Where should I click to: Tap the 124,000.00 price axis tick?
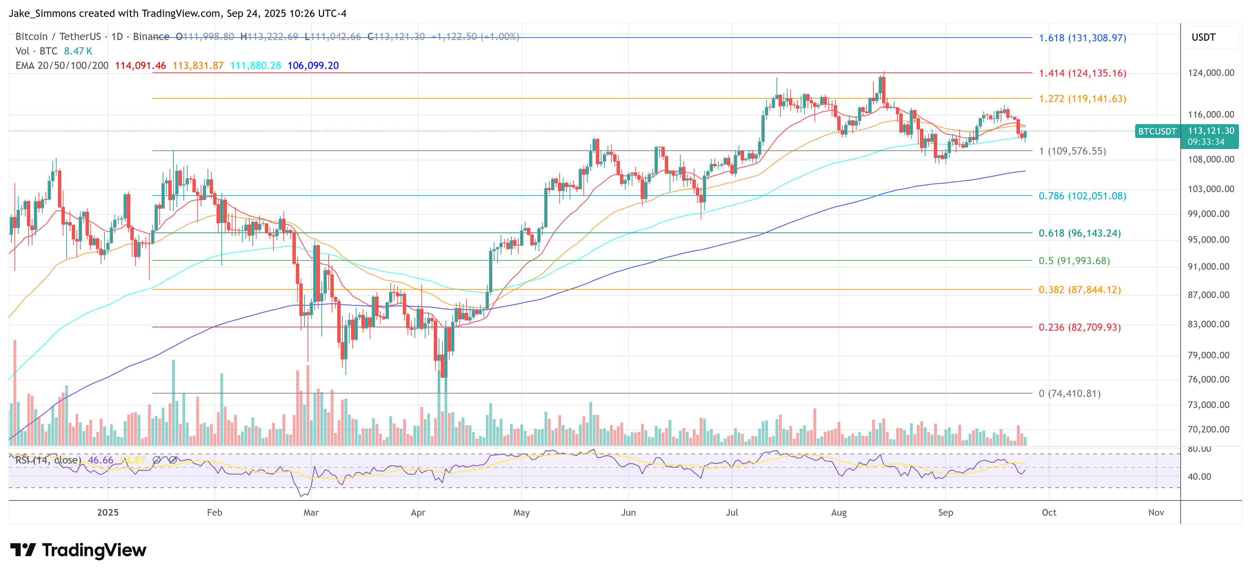(1211, 73)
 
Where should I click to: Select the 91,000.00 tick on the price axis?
(1208, 267)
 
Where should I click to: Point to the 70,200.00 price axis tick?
(1208, 429)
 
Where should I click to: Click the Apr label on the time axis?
(418, 513)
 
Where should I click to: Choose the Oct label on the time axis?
(1049, 513)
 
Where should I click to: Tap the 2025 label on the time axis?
(108, 513)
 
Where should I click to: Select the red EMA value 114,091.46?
(140, 66)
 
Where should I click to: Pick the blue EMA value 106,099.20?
(313, 66)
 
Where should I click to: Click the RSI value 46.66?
(101, 460)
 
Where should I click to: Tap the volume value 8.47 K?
(78, 51)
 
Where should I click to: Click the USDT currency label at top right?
(1203, 37)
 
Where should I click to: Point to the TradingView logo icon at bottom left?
(23, 550)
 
